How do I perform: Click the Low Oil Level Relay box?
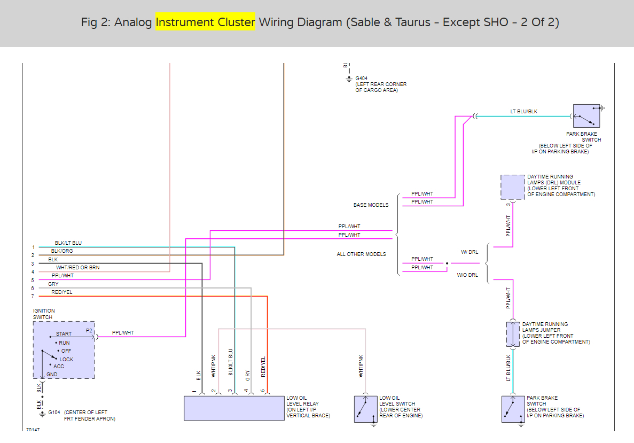234,408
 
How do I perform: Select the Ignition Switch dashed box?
64,350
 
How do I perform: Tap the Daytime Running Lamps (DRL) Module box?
513,187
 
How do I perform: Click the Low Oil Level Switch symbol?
365,409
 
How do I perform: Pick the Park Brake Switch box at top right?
586,116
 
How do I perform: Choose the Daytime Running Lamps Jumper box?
513,335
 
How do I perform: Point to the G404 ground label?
362,78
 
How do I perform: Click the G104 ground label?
54,413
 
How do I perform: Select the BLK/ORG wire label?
62,251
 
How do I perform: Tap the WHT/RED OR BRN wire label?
77,267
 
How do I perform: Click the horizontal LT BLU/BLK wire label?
524,112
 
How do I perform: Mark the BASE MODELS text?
371,205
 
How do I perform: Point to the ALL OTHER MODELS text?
361,254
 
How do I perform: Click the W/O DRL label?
467,276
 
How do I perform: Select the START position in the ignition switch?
64,334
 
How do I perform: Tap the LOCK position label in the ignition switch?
66,359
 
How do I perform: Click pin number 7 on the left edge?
33,296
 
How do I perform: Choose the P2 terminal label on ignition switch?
89,331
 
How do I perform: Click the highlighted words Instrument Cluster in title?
205,22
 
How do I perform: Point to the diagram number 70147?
33,429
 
